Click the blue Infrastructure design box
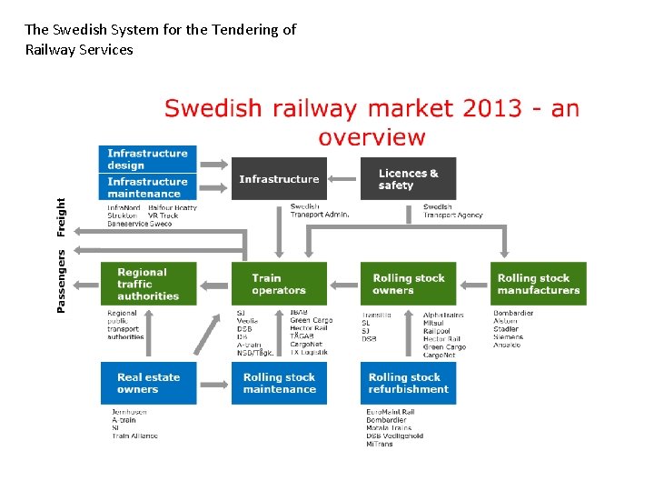click(147, 159)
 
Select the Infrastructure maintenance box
click(147, 187)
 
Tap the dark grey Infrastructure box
click(279, 179)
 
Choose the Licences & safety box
click(408, 179)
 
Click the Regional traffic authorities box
click(147, 284)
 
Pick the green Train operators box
click(279, 284)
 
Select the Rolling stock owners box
click(408, 284)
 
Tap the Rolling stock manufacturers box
click(539, 284)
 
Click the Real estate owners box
click(148, 383)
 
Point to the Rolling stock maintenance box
click(279, 383)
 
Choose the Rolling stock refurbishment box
click(408, 383)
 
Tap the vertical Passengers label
click(62, 281)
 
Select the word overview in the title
click(372, 138)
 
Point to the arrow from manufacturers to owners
click(475, 284)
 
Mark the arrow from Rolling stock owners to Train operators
click(343, 284)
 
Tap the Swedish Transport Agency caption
click(452, 211)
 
